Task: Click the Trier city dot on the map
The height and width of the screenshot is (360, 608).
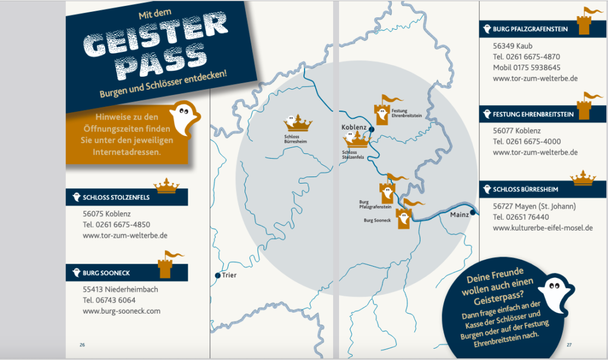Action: click(x=217, y=276)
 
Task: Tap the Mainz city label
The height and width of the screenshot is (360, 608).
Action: click(x=459, y=214)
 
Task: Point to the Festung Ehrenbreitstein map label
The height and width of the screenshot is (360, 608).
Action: click(x=407, y=113)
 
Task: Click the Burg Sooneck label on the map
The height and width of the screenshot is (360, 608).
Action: click(x=376, y=220)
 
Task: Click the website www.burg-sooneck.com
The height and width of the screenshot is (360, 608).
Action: click(x=121, y=311)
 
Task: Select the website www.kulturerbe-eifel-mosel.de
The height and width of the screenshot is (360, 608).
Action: click(x=543, y=228)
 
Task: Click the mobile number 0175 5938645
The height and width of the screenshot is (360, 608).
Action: click(x=527, y=68)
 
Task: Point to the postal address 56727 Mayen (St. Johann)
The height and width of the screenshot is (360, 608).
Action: click(x=534, y=206)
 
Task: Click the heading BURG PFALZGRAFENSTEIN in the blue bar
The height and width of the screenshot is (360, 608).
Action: click(x=530, y=29)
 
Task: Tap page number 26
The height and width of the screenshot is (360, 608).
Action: click(x=83, y=345)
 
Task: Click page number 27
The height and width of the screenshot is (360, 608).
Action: click(x=569, y=345)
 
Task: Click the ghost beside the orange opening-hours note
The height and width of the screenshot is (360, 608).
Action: click(x=183, y=116)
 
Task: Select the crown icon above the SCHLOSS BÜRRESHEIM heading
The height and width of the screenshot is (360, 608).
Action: click(x=583, y=178)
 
